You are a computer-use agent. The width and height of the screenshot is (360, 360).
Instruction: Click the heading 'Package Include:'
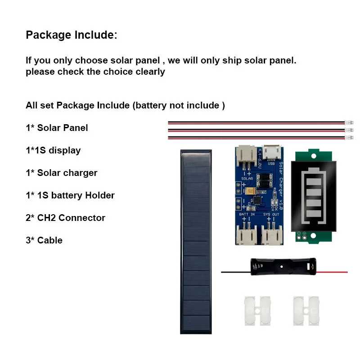pos(72,35)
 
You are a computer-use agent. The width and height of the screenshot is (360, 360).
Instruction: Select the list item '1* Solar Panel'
pos(57,128)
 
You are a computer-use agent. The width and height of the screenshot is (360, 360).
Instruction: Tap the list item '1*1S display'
pos(53,151)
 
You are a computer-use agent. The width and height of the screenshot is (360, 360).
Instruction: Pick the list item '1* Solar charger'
pos(62,173)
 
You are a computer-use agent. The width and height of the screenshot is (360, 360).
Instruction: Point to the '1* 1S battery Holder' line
pos(70,195)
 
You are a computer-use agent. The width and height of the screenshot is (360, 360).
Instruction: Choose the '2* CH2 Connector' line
pos(65,218)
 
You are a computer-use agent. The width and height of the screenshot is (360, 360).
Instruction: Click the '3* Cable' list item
pos(44,240)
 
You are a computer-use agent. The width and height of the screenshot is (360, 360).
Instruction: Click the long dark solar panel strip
pos(196,242)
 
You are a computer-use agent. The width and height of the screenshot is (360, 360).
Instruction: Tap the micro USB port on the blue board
pos(272,152)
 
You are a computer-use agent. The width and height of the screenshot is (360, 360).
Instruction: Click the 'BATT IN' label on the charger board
pos(247,214)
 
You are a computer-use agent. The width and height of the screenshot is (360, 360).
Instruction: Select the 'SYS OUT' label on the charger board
pos(271,214)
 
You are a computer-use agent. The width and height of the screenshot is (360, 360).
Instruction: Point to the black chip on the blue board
pos(257,200)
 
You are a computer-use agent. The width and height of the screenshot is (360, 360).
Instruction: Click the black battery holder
pos(283,266)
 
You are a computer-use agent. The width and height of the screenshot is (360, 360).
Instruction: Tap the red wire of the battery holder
pos(332,272)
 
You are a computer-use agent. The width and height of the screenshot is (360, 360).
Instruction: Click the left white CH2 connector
pos(257,311)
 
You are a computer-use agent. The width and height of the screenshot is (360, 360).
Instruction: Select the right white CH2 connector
pos(306,311)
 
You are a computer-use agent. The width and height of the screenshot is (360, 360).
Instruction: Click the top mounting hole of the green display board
pos(313,156)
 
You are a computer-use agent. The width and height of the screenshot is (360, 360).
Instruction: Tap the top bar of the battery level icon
pos(314,182)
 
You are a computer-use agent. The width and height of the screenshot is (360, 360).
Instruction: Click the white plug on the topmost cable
pos(349,122)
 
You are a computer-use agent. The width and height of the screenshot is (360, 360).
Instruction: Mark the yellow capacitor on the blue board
pos(251,191)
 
